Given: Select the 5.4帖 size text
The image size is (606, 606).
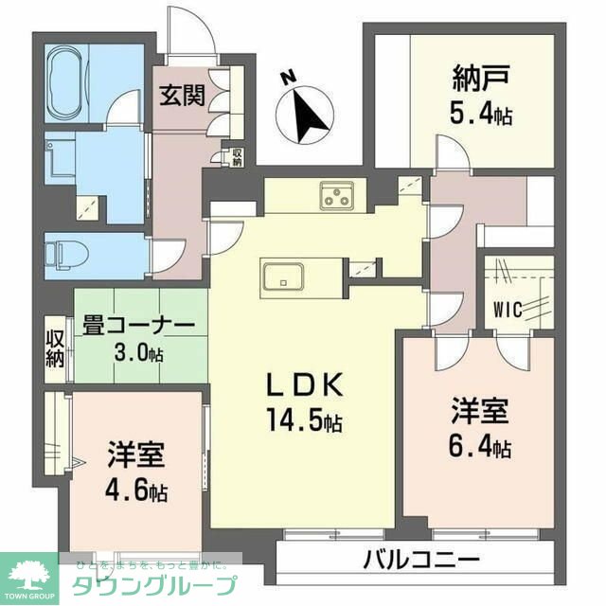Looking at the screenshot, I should pyautogui.click(x=481, y=116).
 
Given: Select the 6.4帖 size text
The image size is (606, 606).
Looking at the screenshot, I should pyautogui.click(x=480, y=444).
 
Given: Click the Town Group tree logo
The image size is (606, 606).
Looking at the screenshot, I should pyautogui.click(x=28, y=573).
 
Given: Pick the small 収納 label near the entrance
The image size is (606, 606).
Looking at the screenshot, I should pyautogui.click(x=237, y=157).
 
